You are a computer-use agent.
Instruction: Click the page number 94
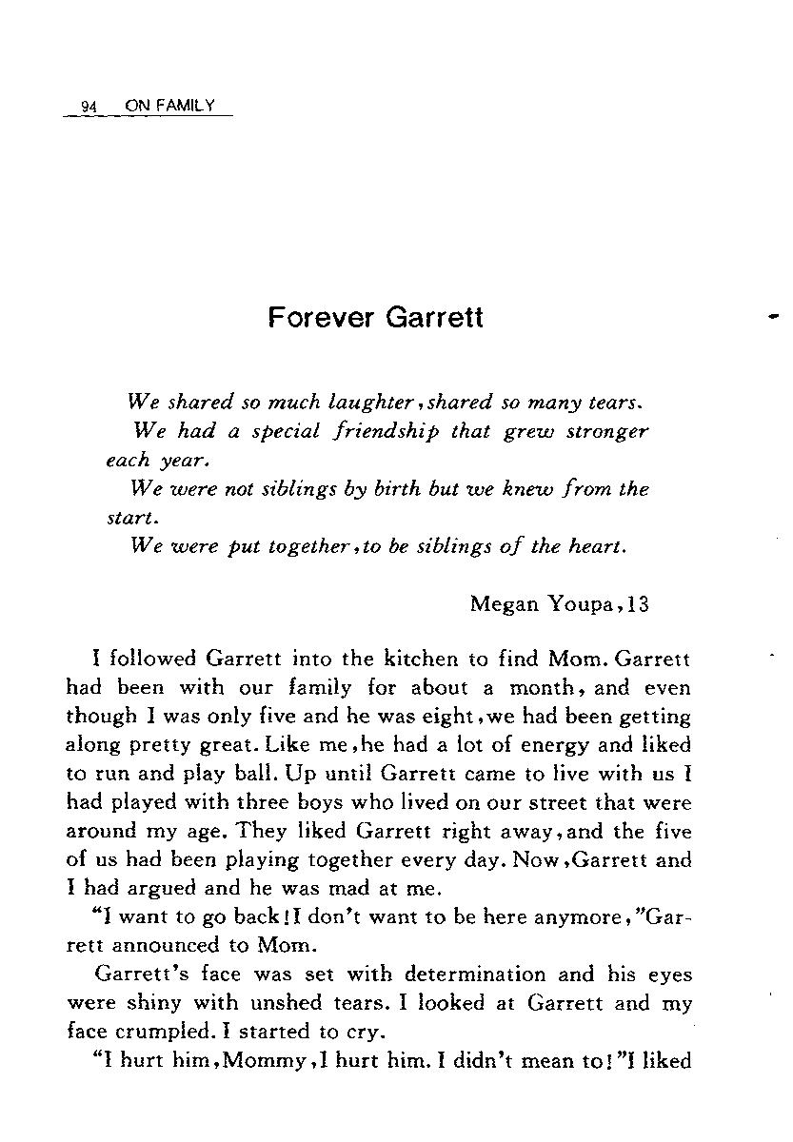click(x=90, y=107)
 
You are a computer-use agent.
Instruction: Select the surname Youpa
click(x=583, y=604)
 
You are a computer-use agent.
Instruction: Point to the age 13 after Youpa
click(x=638, y=604)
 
